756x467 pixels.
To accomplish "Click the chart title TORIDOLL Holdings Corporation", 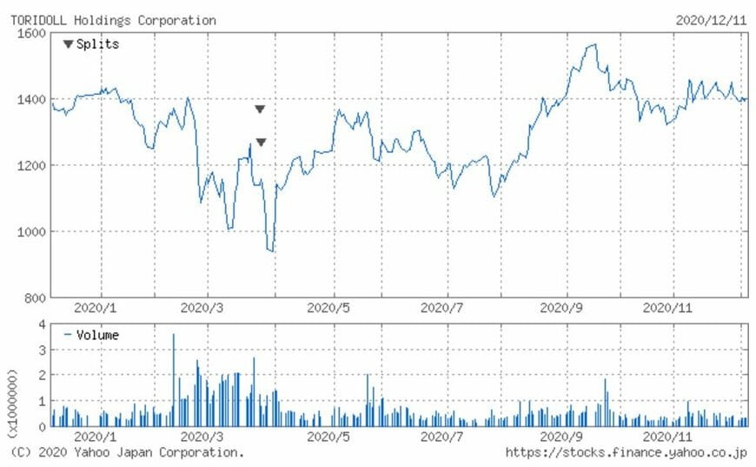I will [x=113, y=20].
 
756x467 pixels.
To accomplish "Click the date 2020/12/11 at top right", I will [x=710, y=20].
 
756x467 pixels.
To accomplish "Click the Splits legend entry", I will [x=90, y=44].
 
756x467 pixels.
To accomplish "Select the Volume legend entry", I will [x=90, y=335].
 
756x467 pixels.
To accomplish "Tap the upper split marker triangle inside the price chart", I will [x=260, y=110].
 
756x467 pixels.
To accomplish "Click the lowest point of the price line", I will [x=272, y=251].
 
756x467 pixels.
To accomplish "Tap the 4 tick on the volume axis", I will [x=42, y=324].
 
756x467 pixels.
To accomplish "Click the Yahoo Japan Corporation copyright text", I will [x=128, y=452].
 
